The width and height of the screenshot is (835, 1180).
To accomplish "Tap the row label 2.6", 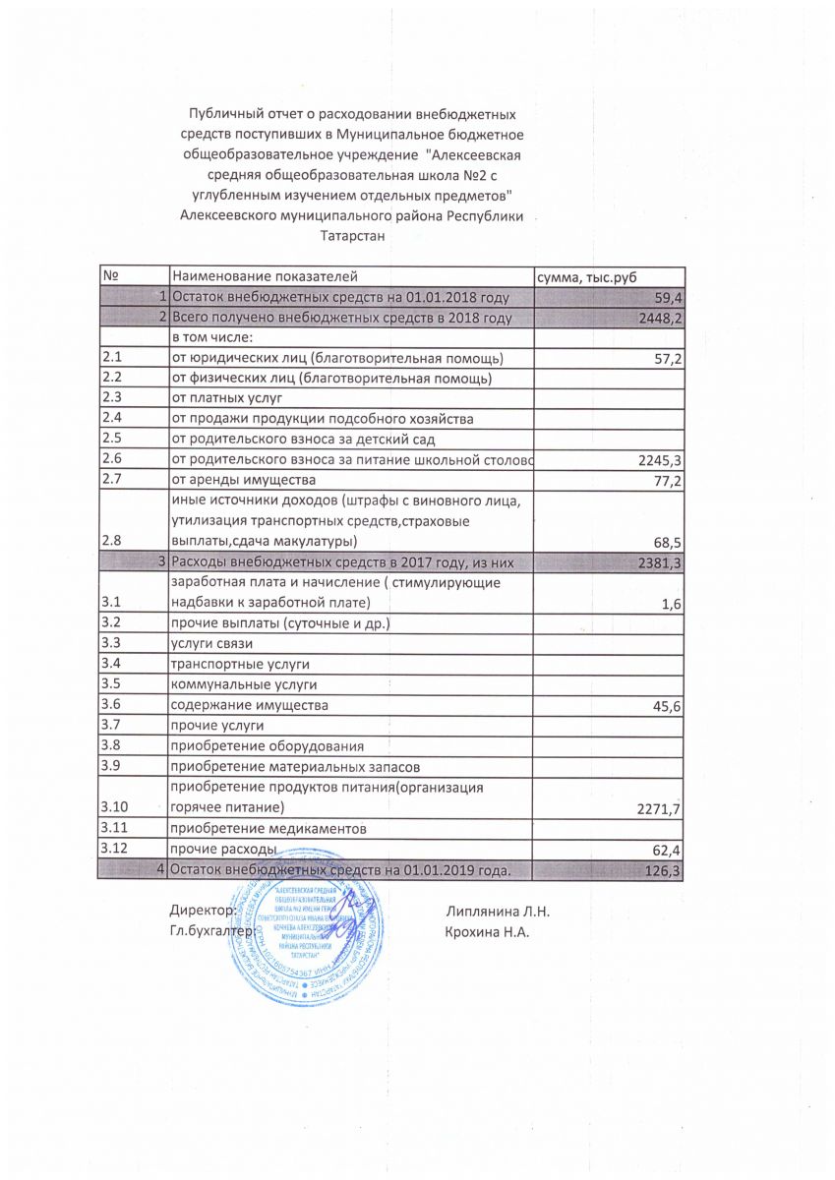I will pyautogui.click(x=111, y=459).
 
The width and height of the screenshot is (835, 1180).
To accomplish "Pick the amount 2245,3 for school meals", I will pyautogui.click(x=659, y=460).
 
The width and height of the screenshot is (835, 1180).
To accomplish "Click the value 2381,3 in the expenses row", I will pyautogui.click(x=659, y=563).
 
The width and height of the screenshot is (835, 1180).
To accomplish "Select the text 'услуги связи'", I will pyautogui.click(x=211, y=644).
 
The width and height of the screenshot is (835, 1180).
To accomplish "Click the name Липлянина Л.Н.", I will pyautogui.click(x=497, y=912).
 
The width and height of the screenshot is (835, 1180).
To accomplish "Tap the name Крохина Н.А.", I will pyautogui.click(x=487, y=931).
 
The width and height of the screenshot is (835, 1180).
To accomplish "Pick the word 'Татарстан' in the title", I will pyautogui.click(x=349, y=236).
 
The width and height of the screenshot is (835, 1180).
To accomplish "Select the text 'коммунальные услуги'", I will pyautogui.click(x=244, y=685).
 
